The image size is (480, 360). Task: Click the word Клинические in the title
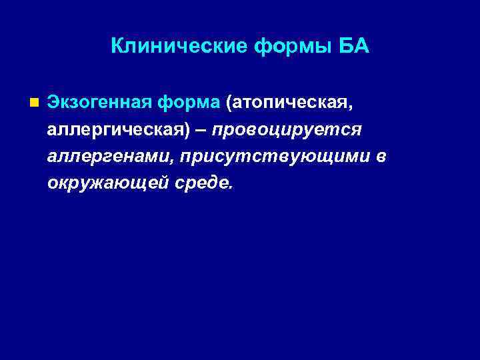tap(178, 46)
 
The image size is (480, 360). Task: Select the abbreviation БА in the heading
tap(353, 46)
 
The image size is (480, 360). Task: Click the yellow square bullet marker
tap(34, 103)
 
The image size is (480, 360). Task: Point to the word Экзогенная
tap(99, 103)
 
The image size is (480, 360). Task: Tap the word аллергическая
tap(112, 129)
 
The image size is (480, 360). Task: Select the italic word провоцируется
tap(287, 129)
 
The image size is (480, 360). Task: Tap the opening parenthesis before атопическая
tap(229, 104)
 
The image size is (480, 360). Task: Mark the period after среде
tap(232, 187)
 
